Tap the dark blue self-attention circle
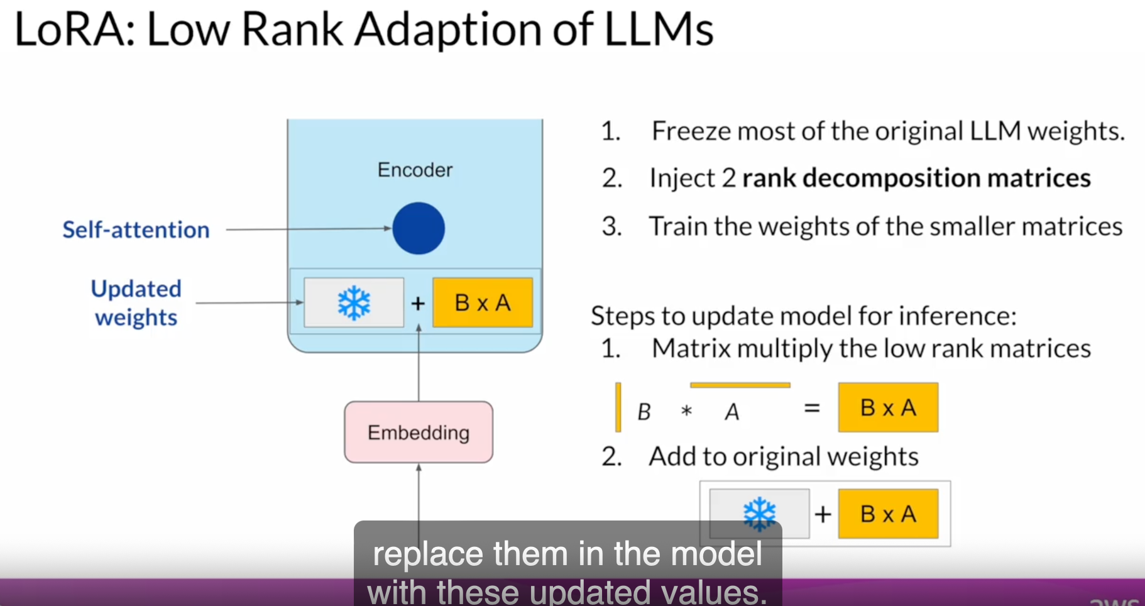[x=419, y=228]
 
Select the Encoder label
[x=415, y=170]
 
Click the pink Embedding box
[x=419, y=432]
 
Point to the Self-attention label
[x=136, y=230]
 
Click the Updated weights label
[x=136, y=303]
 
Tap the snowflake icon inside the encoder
[x=354, y=303]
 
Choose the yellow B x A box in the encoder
[x=483, y=303]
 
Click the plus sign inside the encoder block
[x=418, y=304]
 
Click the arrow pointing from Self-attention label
[x=308, y=229]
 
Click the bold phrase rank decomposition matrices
[x=916, y=179]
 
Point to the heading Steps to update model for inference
[x=803, y=316]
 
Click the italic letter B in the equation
[x=644, y=412]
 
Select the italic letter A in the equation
[x=732, y=412]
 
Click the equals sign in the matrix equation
[x=812, y=409]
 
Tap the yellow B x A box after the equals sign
[x=888, y=408]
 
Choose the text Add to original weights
[x=784, y=456]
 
